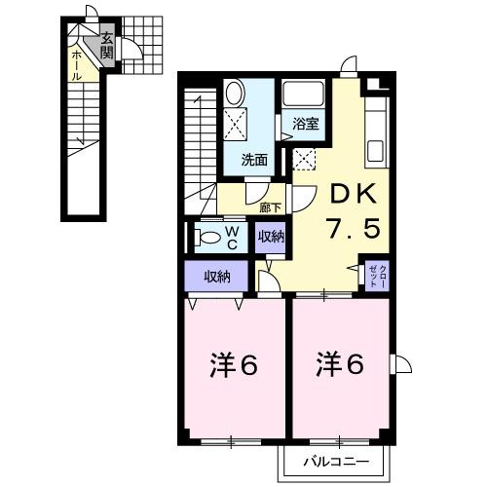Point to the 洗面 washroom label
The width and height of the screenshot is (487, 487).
[254, 159]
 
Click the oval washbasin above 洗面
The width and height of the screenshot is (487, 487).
[236, 94]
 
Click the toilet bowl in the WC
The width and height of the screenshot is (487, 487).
[208, 237]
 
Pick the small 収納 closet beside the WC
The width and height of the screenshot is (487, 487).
[271, 237]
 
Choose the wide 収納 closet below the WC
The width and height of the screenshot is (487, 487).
[217, 277]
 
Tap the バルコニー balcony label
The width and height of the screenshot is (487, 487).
[333, 459]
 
